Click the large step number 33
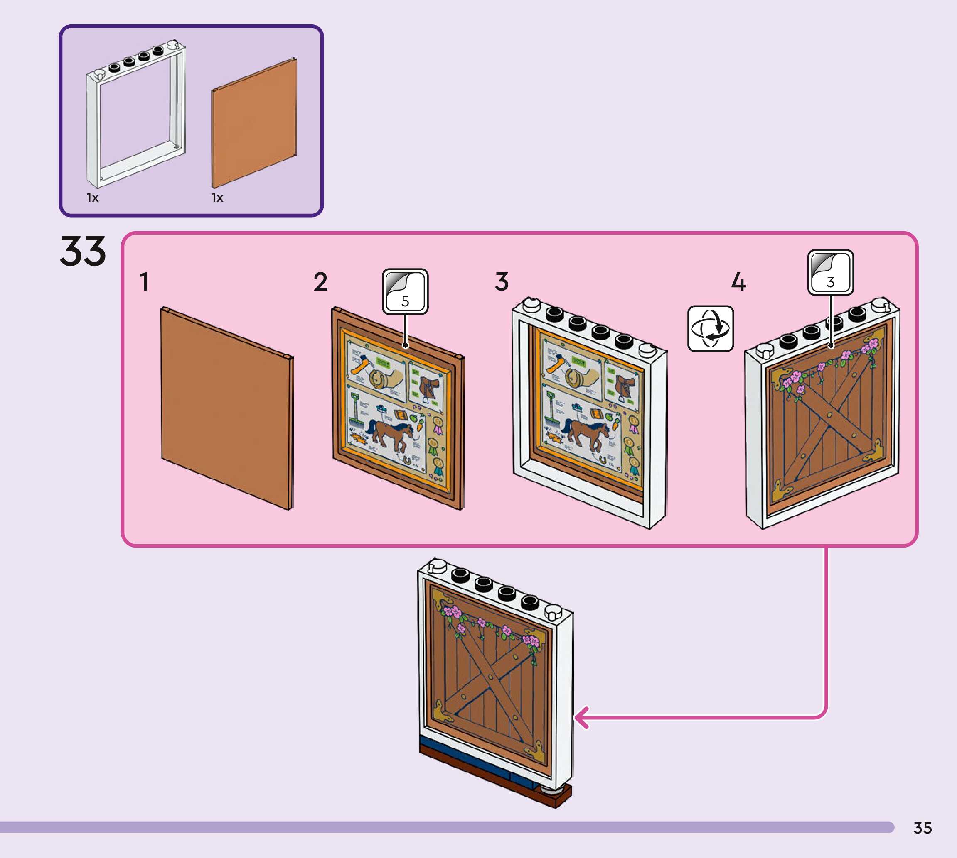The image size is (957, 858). point(83,251)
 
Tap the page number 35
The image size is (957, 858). point(922,828)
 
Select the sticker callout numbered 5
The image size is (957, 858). point(405,292)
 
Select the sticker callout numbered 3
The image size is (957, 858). point(830,272)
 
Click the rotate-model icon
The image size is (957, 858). point(710,328)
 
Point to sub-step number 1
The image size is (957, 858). point(144,282)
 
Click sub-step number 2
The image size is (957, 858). point(321,282)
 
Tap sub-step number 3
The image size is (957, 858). point(502,282)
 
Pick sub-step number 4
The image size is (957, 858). point(738,282)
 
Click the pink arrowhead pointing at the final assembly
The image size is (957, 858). point(581,718)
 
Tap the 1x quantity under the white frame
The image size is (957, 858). point(93,198)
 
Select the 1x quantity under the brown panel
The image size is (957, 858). point(217,198)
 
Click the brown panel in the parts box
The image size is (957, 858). point(254,124)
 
